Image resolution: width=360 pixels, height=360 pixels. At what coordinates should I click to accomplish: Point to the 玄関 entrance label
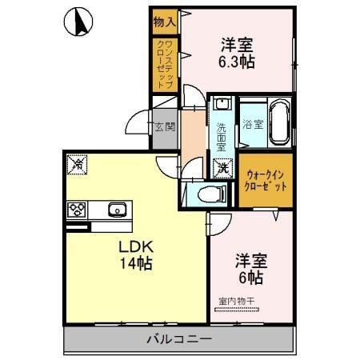point(165,127)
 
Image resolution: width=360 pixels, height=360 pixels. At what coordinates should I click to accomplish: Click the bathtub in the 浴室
point(279,123)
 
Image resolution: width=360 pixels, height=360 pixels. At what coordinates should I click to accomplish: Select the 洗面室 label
point(222,134)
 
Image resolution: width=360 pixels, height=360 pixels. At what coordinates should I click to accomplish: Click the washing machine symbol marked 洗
point(222,168)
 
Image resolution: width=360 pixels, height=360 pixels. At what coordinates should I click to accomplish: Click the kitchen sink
point(117,210)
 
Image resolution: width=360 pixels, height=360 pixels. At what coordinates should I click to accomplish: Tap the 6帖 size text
point(250,278)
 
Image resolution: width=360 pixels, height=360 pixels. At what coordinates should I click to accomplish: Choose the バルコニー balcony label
point(178,339)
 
